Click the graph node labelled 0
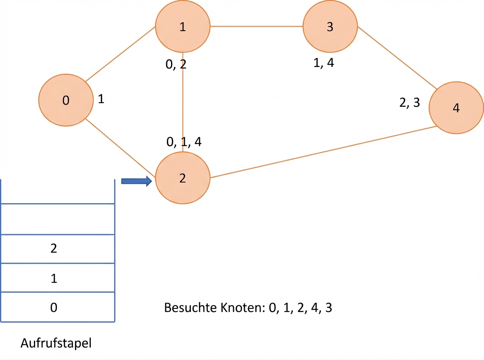[66, 100]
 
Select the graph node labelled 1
[183, 26]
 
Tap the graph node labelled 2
[183, 178]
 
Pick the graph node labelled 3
[330, 26]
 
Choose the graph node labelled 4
[456, 108]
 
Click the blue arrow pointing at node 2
[137, 181]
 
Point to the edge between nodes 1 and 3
[257, 26]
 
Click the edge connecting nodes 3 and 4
[397, 58]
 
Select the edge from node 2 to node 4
[323, 152]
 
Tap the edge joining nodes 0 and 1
[120, 54]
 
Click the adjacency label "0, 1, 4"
[184, 142]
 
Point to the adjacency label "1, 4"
[323, 63]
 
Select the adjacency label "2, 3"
[410, 102]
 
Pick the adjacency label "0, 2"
[176, 65]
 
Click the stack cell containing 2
[58, 249]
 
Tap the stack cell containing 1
[58, 277]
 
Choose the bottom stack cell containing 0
[58, 307]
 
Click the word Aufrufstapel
[56, 343]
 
